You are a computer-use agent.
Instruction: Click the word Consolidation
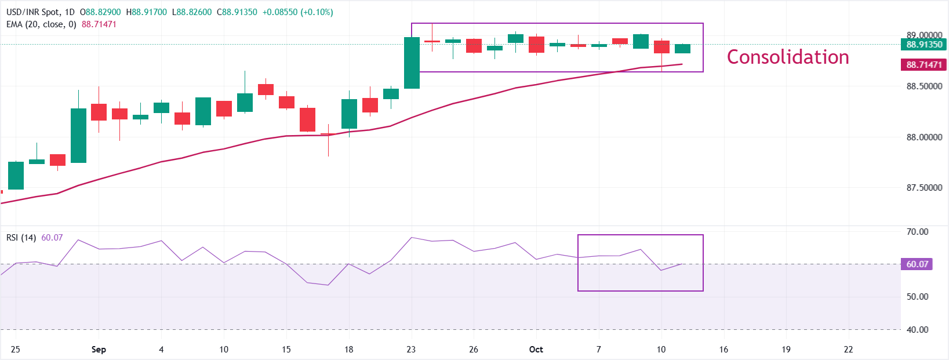pyautogui.click(x=788, y=57)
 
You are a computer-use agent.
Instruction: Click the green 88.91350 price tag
pyautogui.click(x=924, y=45)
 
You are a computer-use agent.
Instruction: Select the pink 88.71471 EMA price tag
pyautogui.click(x=924, y=65)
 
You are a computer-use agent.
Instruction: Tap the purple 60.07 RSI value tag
pyautogui.click(x=918, y=264)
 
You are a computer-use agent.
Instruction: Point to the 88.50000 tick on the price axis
pyautogui.click(x=924, y=86)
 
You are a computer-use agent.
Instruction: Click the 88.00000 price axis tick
pyautogui.click(x=924, y=137)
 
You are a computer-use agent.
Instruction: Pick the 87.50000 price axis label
pyautogui.click(x=924, y=188)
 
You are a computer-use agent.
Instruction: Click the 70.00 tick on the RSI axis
pyautogui.click(x=917, y=232)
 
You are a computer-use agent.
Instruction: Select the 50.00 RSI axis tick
pyautogui.click(x=917, y=297)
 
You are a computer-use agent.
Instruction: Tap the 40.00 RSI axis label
pyautogui.click(x=917, y=330)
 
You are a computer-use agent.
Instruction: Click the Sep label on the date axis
pyautogui.click(x=99, y=350)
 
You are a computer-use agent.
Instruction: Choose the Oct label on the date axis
pyautogui.click(x=536, y=350)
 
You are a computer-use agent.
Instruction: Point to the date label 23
pyautogui.click(x=411, y=350)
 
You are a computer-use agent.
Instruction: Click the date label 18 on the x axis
pyautogui.click(x=348, y=350)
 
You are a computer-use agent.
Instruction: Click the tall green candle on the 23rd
pyautogui.click(x=412, y=63)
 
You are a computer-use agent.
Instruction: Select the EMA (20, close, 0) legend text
pyautogui.click(x=41, y=24)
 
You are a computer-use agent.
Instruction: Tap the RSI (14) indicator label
pyautogui.click(x=21, y=238)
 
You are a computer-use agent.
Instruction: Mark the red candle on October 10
pyautogui.click(x=661, y=47)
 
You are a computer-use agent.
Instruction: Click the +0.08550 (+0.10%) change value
pyautogui.click(x=297, y=12)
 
